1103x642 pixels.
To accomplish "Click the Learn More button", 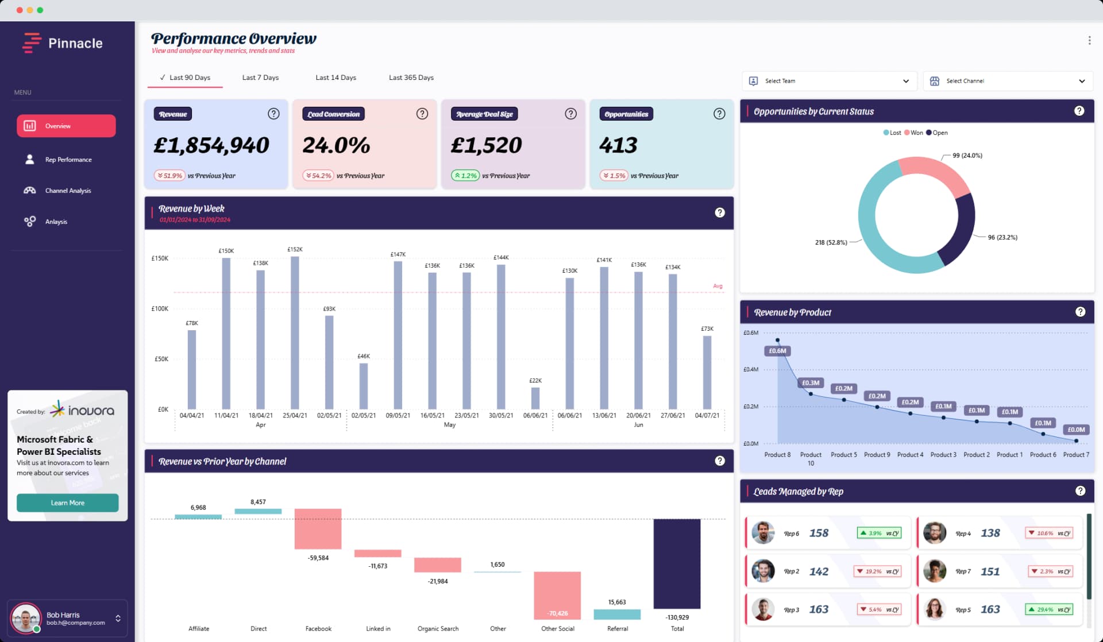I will point(67,502).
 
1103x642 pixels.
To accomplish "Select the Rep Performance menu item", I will point(68,160).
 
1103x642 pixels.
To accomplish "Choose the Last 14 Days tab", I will point(335,78).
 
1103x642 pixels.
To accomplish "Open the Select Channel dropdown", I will point(1008,81).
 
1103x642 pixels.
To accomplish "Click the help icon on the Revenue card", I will point(273,114).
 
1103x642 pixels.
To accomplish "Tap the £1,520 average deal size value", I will point(486,145).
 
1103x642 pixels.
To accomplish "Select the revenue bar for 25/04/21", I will point(295,333).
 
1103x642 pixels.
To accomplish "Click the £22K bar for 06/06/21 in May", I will point(535,398).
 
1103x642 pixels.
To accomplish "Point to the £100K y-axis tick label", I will point(160,309).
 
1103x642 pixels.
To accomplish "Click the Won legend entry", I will point(913,133).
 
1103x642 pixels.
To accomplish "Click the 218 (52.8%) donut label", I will point(831,242).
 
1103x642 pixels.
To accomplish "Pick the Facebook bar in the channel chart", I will point(318,528).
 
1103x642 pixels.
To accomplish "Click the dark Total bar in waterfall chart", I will point(677,563).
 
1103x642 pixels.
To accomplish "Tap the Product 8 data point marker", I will point(777,341).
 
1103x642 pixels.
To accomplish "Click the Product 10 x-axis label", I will point(811,458).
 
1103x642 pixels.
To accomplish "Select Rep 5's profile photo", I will point(935,609).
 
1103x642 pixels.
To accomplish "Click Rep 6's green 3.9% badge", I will point(878,533).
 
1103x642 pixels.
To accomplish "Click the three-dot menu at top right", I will point(1089,40).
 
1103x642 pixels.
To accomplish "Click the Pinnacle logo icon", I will point(32,42).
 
